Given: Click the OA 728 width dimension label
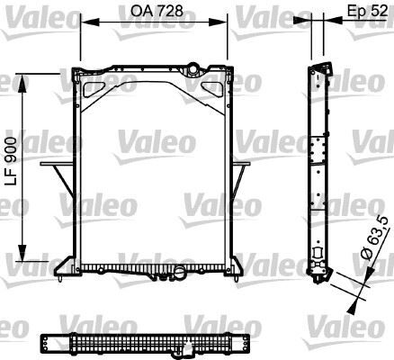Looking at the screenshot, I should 154,11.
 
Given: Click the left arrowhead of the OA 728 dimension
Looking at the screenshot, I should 84,24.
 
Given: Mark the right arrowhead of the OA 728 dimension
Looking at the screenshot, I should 226,24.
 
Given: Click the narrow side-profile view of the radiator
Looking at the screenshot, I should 317,171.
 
